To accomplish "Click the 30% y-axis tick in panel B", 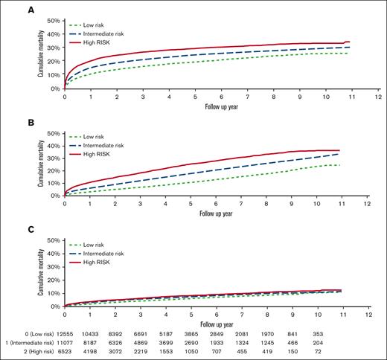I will (x=53, y=158).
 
